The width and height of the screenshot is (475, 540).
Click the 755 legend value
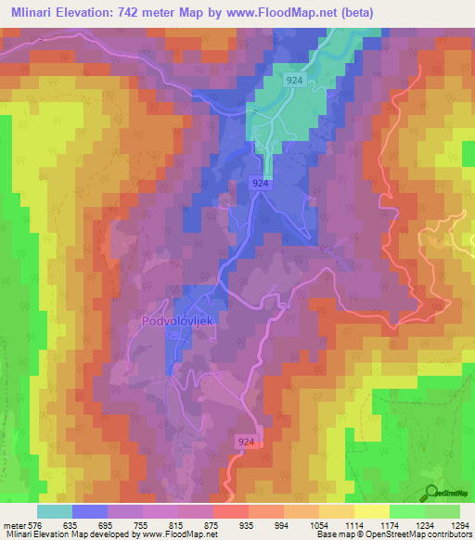coord(142,524)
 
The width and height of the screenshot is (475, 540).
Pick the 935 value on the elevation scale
coord(248,524)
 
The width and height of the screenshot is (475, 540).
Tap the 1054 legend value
coord(318,524)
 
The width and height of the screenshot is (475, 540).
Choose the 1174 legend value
coord(389,524)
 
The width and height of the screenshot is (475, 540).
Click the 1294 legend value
coord(459,524)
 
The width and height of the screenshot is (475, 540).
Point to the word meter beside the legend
coord(14,524)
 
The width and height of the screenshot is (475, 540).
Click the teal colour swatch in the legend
coord(55,511)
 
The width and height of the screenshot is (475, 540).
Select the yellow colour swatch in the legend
coord(371,511)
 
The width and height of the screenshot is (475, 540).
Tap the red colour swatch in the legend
coord(231,511)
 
